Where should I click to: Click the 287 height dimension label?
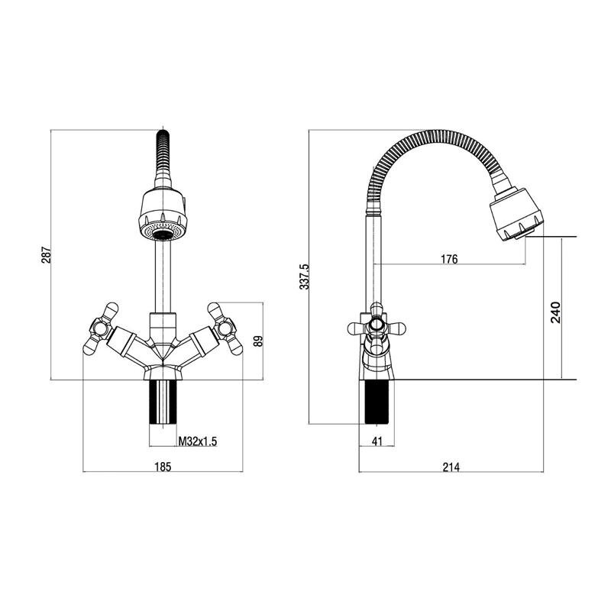(47, 254)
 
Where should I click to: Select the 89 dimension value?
(258, 341)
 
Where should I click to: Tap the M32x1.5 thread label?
(198, 441)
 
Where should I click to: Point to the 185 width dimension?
(163, 467)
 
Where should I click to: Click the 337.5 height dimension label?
(304, 276)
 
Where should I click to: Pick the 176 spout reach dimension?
(449, 259)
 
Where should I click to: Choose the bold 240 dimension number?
(555, 312)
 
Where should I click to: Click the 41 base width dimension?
(377, 441)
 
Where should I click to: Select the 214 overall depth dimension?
(451, 467)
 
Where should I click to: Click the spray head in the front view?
(163, 215)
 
